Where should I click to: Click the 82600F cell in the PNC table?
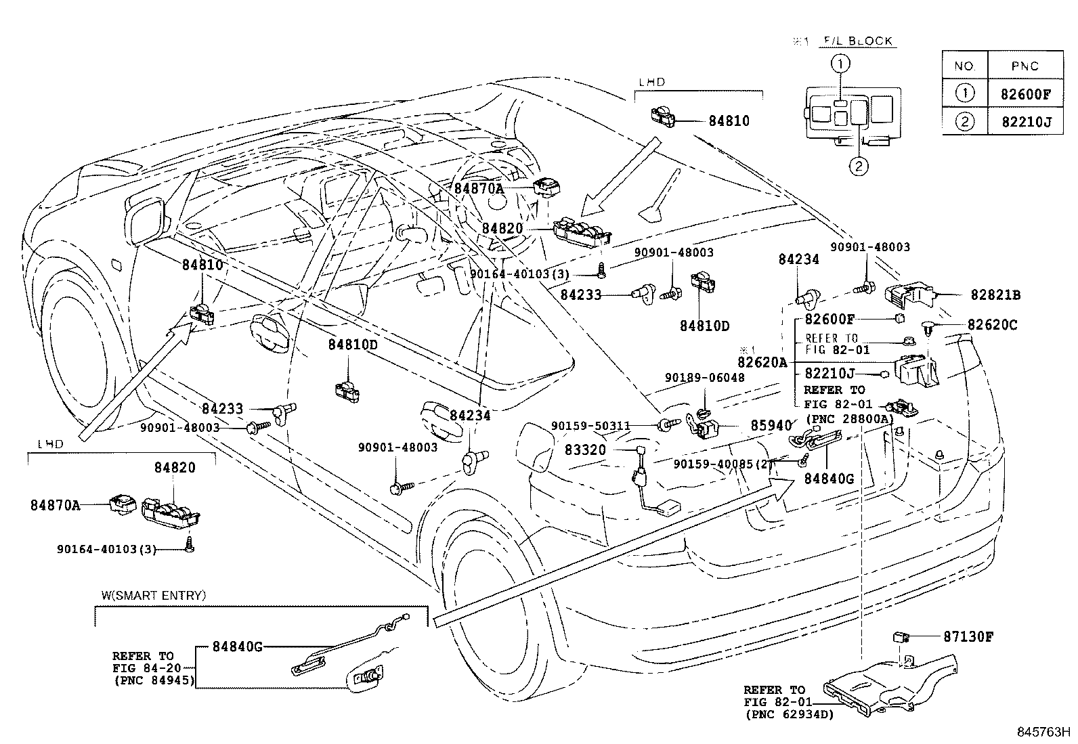click(x=1025, y=94)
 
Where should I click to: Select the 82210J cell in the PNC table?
click(x=1025, y=122)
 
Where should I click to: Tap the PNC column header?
click(x=1025, y=66)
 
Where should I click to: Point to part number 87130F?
click(x=968, y=636)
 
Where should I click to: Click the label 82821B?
click(x=995, y=294)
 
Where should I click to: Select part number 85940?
click(x=771, y=426)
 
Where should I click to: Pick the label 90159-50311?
click(x=590, y=425)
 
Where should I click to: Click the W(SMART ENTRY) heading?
click(x=154, y=595)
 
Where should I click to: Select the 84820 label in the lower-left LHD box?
click(x=174, y=467)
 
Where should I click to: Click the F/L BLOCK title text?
click(x=858, y=41)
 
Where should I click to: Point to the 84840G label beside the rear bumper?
click(x=829, y=478)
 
